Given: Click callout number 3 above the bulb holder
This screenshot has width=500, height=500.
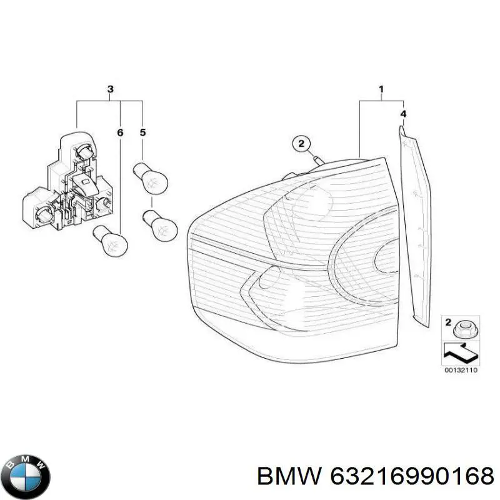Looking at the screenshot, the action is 111,89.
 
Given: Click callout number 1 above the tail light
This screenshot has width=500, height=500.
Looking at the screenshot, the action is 381,89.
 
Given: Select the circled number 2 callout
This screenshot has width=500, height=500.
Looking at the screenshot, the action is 301,144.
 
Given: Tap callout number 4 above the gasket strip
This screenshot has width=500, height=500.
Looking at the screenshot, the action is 403,114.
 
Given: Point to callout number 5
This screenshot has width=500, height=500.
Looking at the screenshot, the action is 142,132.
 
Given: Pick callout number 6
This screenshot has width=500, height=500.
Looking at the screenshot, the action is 120,132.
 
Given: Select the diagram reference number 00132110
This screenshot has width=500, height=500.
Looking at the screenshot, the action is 461,370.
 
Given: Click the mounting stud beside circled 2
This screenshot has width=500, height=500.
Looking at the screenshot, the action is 318,160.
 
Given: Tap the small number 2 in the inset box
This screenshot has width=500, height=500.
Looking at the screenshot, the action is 448,322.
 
